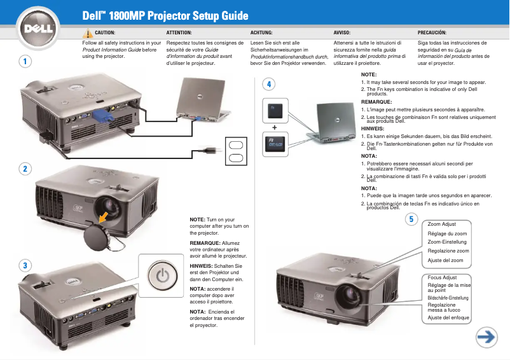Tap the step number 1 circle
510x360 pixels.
click(24, 62)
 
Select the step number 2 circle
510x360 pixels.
click(24, 169)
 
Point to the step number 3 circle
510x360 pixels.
click(24, 265)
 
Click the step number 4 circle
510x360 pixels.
click(270, 84)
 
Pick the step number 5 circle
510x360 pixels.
click(411, 219)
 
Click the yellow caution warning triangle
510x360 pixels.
click(88, 33)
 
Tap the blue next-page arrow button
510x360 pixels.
click(487, 338)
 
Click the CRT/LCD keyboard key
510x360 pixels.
click(274, 142)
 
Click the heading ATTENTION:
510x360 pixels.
click(179, 32)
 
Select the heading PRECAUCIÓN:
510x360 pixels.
click(432, 32)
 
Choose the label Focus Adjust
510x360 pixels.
click(443, 278)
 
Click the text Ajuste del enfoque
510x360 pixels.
click(448, 317)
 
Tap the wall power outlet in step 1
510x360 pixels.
click(235, 150)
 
